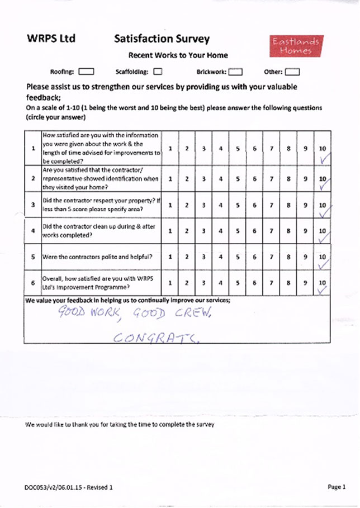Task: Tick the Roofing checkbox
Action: (x=86, y=72)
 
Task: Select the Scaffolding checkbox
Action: (x=158, y=72)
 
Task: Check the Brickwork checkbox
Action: (x=235, y=72)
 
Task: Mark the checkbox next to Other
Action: (x=292, y=72)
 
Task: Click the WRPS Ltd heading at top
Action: (x=50, y=39)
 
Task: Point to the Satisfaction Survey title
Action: (x=162, y=39)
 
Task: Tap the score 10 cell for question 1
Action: (x=322, y=149)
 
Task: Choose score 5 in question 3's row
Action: (x=238, y=205)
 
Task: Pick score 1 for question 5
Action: (x=170, y=257)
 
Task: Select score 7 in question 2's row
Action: (x=271, y=179)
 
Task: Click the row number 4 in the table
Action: (x=34, y=230)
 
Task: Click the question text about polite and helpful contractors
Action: (x=98, y=257)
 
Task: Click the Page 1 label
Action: (x=337, y=487)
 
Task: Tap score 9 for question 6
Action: (x=305, y=283)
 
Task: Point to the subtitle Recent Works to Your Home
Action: (x=178, y=55)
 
